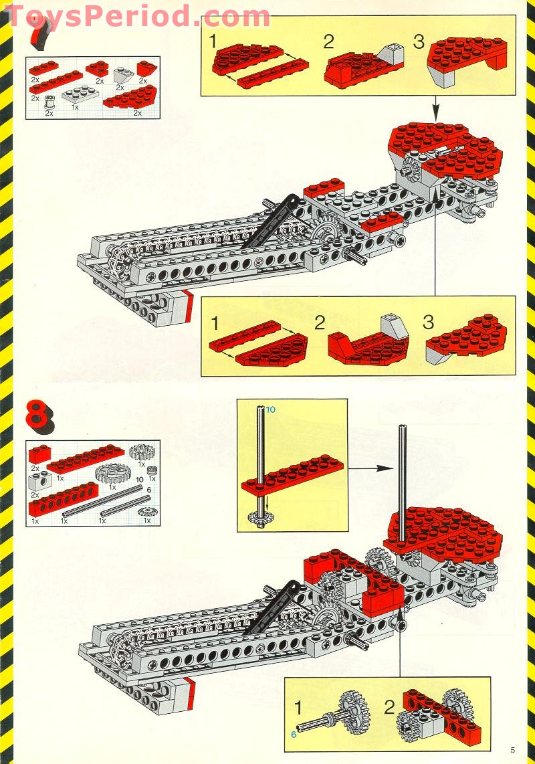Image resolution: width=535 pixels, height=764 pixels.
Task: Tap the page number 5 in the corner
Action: click(512, 750)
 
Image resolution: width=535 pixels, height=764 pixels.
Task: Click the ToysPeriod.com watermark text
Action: click(137, 16)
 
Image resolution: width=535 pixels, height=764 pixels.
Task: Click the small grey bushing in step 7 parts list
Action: click(49, 103)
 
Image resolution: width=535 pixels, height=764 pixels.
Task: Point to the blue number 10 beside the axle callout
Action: click(270, 409)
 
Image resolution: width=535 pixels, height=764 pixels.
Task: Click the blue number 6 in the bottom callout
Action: click(293, 734)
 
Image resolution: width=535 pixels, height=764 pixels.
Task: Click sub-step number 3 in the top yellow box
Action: click(419, 42)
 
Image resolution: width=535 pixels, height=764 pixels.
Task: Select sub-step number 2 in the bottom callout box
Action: click(390, 707)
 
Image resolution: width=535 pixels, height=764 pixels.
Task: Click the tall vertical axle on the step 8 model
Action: click(402, 482)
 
